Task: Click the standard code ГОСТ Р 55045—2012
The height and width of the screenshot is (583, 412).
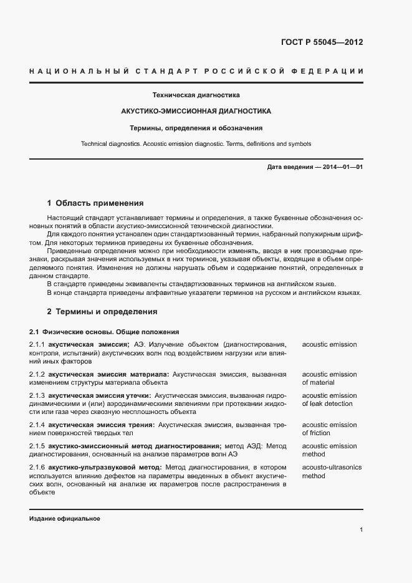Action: point(322,43)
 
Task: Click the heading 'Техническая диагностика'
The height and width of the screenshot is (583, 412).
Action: point(196,95)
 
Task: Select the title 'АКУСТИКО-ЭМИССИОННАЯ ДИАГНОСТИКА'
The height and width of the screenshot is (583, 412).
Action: point(196,111)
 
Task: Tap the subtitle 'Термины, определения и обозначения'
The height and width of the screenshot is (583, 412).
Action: point(196,127)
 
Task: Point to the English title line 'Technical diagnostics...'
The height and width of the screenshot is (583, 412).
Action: point(196,143)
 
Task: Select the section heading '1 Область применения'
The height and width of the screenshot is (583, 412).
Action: point(95,203)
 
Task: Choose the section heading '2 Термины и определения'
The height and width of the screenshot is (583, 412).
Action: point(102,311)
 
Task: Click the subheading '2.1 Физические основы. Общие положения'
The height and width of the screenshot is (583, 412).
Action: point(104,332)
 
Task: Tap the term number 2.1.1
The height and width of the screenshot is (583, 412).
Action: point(37,344)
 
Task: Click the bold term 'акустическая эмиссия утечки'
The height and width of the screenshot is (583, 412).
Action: point(99,396)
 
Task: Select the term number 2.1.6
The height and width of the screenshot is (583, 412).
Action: point(37,467)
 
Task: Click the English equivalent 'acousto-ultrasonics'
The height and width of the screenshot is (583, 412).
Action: point(332,467)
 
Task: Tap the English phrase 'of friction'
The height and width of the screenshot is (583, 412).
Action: point(317,433)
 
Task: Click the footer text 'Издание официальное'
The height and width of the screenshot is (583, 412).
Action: point(65,519)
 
